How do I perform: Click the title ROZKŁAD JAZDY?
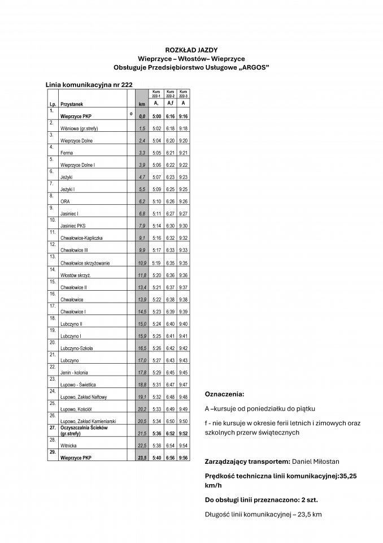point(191,50)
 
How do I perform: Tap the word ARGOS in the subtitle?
point(251,67)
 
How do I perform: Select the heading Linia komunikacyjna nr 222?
point(89,84)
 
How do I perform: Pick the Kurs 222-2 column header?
point(169,93)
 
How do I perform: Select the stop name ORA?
point(64,201)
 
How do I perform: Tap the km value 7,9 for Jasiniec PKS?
point(142,226)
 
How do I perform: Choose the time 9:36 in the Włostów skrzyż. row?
point(182,275)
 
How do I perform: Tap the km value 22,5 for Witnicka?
point(142,445)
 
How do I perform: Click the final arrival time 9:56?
point(182,458)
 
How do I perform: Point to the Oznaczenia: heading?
point(225,394)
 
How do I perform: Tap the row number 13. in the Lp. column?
point(52,257)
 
